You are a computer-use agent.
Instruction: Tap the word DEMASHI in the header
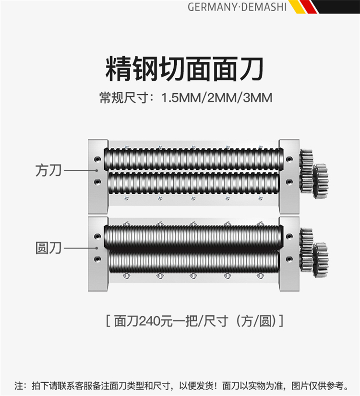click(264, 7)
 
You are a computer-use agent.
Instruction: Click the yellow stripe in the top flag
click(297, 7)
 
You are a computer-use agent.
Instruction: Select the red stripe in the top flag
click(308, 7)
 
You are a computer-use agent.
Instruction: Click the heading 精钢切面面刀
click(185, 69)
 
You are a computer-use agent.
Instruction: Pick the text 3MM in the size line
click(258, 98)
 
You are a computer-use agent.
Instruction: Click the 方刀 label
click(48, 171)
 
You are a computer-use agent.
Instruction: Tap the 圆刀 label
click(48, 248)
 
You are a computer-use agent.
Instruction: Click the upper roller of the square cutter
click(193, 159)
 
